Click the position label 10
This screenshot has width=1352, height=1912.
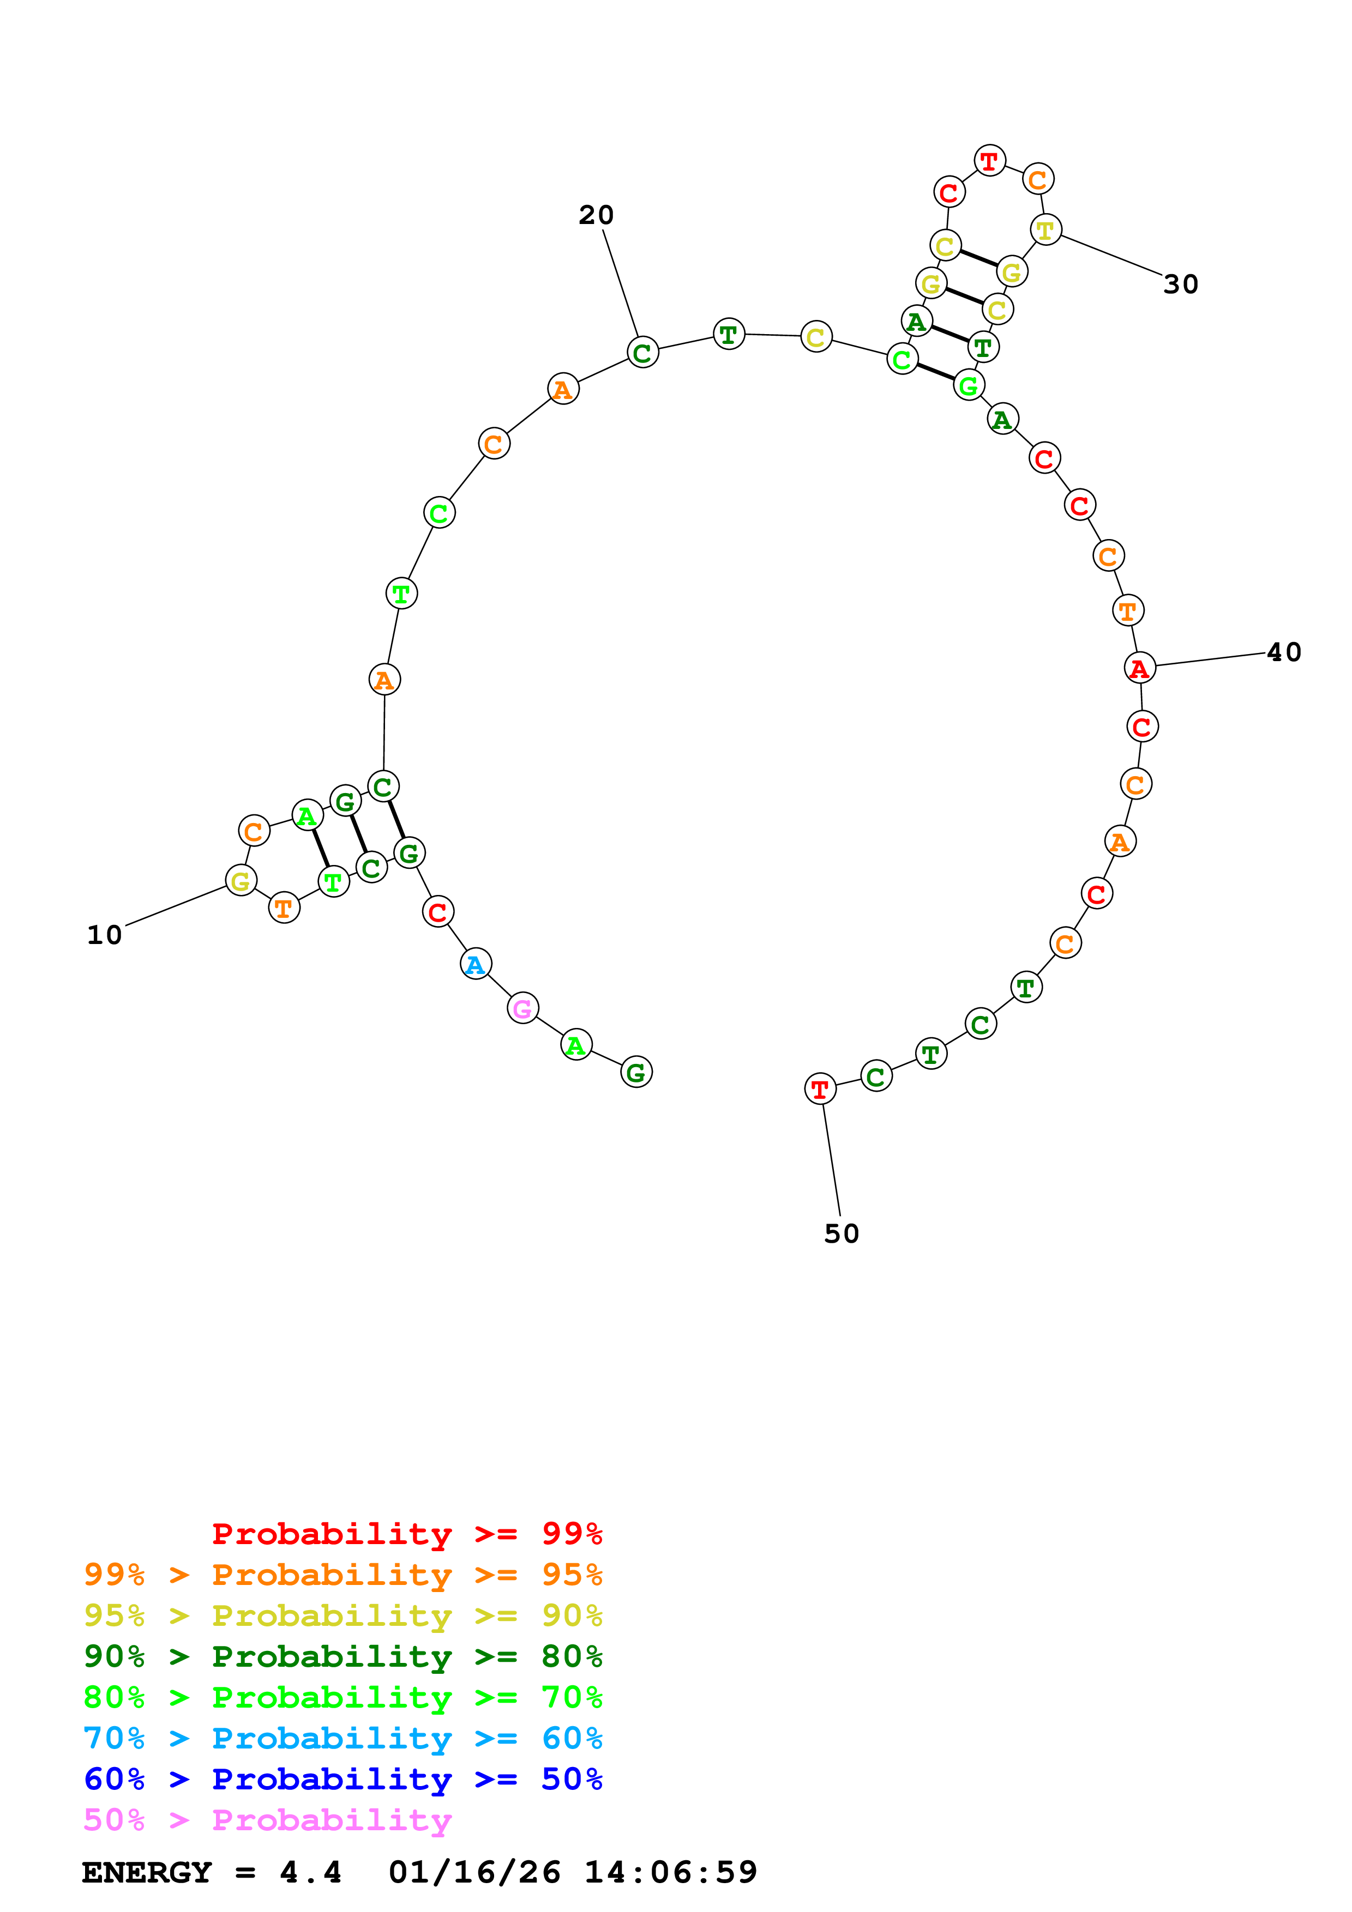click(104, 935)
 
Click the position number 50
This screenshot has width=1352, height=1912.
click(842, 1233)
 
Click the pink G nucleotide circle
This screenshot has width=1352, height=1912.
click(522, 1008)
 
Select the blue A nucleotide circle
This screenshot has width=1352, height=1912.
click(476, 964)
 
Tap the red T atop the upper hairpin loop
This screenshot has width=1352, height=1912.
click(990, 161)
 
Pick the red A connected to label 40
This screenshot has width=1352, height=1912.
click(1140, 668)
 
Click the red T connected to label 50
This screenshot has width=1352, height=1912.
click(820, 1088)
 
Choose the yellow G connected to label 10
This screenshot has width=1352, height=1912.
click(241, 880)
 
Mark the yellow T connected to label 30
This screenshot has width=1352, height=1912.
click(1045, 230)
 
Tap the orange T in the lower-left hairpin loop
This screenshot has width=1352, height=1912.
click(284, 909)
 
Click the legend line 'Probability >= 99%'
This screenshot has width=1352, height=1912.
click(407, 1533)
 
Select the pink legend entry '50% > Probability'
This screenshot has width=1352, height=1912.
click(267, 1819)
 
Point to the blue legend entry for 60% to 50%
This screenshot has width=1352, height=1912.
click(342, 1779)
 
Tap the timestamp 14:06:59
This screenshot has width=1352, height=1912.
click(671, 1873)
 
